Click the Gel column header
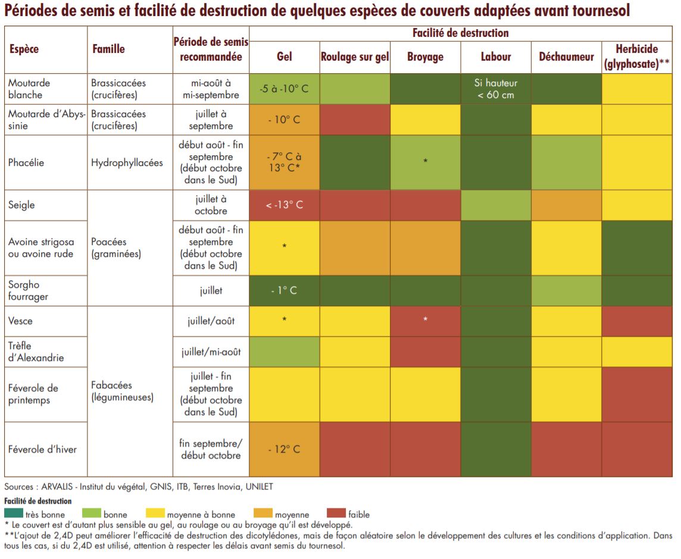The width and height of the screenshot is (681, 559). click(x=285, y=57)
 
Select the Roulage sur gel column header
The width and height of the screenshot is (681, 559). click(x=355, y=57)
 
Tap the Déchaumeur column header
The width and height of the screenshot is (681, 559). click(x=566, y=57)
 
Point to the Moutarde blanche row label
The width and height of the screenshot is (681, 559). click(x=29, y=89)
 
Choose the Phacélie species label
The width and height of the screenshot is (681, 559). click(x=26, y=163)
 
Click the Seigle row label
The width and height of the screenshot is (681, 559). click(x=21, y=205)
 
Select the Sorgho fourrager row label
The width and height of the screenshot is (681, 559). click(x=28, y=291)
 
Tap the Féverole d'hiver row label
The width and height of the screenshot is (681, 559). click(x=42, y=450)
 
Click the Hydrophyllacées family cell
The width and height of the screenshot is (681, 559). click(x=127, y=163)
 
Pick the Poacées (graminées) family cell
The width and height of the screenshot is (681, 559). click(x=115, y=248)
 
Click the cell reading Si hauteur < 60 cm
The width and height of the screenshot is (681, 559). click(x=496, y=89)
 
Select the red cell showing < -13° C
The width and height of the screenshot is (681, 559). click(x=285, y=205)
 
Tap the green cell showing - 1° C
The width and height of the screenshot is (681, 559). click(x=285, y=291)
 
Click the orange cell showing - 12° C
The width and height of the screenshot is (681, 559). click(x=285, y=450)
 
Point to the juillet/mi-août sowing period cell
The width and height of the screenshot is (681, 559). click(x=211, y=352)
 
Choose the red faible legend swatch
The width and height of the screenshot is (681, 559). click(x=337, y=513)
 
